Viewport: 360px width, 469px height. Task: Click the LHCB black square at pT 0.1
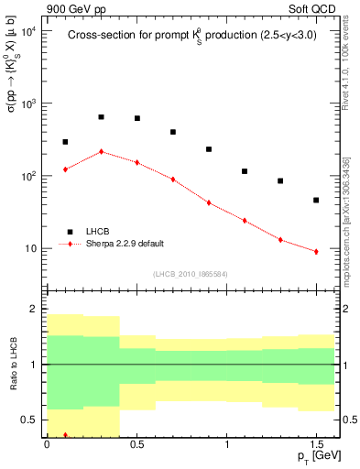65,142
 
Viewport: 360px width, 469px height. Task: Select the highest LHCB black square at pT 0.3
101,117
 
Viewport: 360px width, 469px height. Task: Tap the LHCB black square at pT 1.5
316,200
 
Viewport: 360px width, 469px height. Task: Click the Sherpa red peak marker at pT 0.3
101,151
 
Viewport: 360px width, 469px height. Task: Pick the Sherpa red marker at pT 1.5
316,251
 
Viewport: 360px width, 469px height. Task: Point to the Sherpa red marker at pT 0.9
209,202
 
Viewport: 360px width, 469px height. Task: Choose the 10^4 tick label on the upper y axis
28,31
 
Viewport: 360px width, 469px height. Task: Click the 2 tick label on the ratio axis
33,310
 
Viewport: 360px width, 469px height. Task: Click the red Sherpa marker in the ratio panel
65,435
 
